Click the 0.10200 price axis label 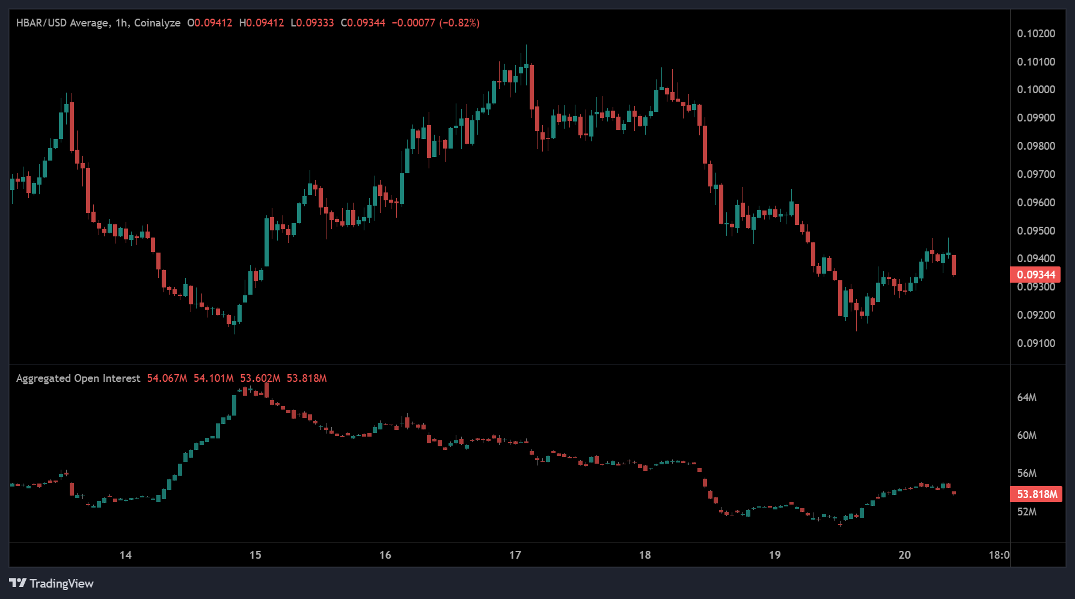[x=1035, y=34]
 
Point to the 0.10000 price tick [x=1035, y=90]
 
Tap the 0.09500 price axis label [x=1035, y=231]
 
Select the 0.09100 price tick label [x=1035, y=343]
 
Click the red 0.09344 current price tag [x=1035, y=275]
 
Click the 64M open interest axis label [x=1026, y=398]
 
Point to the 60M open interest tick [x=1026, y=435]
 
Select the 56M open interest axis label [x=1026, y=473]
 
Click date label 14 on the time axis [x=125, y=555]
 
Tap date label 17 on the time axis [x=515, y=555]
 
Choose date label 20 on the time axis [x=904, y=555]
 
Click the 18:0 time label [x=999, y=555]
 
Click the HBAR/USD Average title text [x=63, y=23]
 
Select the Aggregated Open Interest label [x=78, y=378]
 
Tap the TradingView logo [x=52, y=583]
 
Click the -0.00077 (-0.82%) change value [x=435, y=23]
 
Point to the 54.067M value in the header [x=167, y=378]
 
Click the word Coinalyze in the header [x=157, y=23]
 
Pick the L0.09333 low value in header [x=312, y=23]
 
